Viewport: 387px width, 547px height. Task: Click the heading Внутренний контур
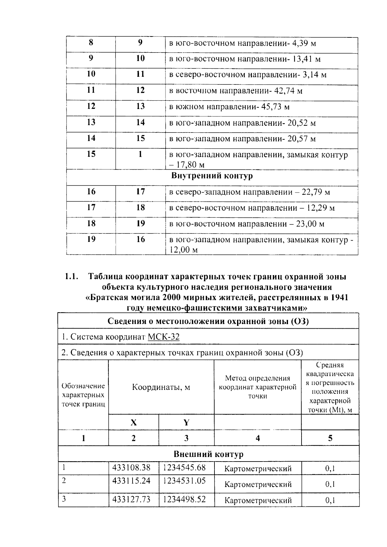pyautogui.click(x=212, y=176)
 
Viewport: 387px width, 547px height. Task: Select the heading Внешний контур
pyautogui.click(x=208, y=454)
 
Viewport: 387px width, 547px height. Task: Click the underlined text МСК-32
pyautogui.click(x=164, y=337)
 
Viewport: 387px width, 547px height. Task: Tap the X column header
pyautogui.click(x=134, y=423)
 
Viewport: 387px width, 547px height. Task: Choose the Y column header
pyautogui.click(x=186, y=423)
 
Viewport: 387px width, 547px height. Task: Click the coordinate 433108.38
pyautogui.click(x=131, y=467)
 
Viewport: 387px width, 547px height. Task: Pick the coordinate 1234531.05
pyautogui.click(x=184, y=481)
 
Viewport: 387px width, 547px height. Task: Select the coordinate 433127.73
pyautogui.click(x=131, y=499)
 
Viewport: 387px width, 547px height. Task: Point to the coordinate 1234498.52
pyautogui.click(x=184, y=499)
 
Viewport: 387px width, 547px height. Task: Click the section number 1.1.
pyautogui.click(x=72, y=276)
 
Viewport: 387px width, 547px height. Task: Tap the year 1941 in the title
pyautogui.click(x=339, y=297)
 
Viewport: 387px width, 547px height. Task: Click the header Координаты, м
pyautogui.click(x=161, y=387)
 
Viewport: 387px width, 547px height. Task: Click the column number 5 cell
pyautogui.click(x=330, y=438)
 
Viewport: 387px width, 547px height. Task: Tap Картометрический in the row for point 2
pyautogui.click(x=258, y=484)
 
